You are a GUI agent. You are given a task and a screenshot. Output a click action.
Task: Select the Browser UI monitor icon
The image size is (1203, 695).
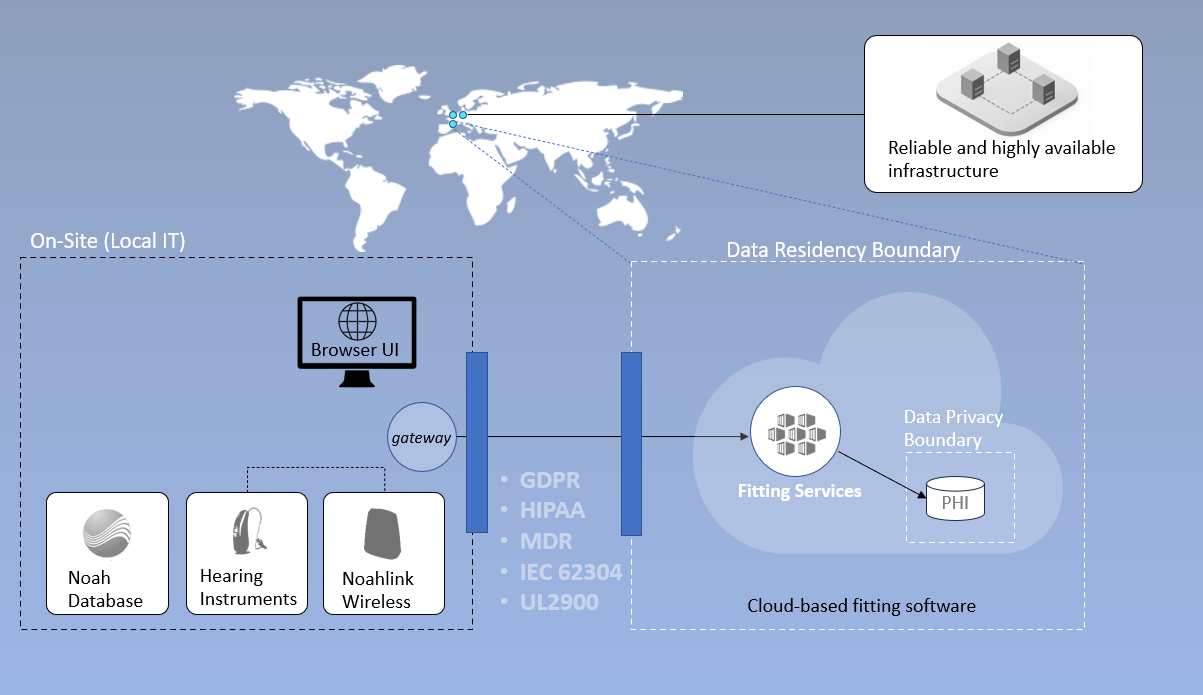point(357,340)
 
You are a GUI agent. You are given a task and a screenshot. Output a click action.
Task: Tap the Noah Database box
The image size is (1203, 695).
point(107,553)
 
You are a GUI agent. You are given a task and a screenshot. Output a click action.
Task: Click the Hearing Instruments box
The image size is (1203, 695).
point(246,553)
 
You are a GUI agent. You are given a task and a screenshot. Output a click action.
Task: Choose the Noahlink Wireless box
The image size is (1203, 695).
point(383,553)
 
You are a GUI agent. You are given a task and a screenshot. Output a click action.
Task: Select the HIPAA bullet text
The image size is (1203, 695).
point(552,510)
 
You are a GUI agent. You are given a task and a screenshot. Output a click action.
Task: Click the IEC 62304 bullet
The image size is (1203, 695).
point(570,572)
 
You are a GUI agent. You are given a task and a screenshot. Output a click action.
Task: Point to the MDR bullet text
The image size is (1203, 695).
point(545,541)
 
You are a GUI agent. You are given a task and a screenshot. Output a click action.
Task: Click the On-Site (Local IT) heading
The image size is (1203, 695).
point(108,241)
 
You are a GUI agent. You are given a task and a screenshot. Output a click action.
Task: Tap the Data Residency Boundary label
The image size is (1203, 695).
point(843,250)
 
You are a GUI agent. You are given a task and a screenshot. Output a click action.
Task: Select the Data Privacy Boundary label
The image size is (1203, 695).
point(953,428)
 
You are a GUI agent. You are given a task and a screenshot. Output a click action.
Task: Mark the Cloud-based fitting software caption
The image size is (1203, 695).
point(861,606)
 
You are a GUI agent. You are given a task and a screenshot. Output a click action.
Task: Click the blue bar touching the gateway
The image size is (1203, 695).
point(476,442)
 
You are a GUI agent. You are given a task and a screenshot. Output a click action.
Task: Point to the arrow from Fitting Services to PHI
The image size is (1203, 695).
point(881,474)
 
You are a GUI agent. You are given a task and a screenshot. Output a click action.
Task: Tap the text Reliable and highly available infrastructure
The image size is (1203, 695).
point(1001,159)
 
